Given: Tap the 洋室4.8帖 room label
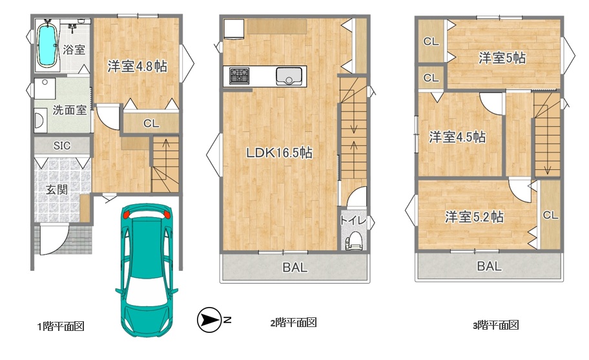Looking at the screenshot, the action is pyautogui.click(x=137, y=67).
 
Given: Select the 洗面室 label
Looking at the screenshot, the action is pyautogui.click(x=70, y=110).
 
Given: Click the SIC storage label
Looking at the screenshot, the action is pyautogui.click(x=61, y=145).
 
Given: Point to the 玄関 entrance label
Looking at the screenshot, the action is pyautogui.click(x=57, y=189).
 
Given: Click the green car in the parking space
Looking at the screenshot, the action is pyautogui.click(x=147, y=270).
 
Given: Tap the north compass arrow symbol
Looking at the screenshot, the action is pyautogui.click(x=209, y=320).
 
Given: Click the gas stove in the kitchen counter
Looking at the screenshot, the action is pyautogui.click(x=239, y=76).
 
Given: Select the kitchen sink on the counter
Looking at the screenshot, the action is pyautogui.click(x=289, y=76).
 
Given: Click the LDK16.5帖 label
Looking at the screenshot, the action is pyautogui.click(x=279, y=153).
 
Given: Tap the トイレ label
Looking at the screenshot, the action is pyautogui.click(x=353, y=220).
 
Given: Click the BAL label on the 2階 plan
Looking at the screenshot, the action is pyautogui.click(x=295, y=268).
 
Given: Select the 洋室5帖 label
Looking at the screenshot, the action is pyautogui.click(x=502, y=58).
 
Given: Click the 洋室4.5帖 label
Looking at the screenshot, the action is pyautogui.click(x=457, y=137).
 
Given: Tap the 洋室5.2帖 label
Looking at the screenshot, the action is pyautogui.click(x=475, y=217).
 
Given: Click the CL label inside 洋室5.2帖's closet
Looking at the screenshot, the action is pyautogui.click(x=550, y=215).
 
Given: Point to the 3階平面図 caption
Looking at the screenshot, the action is pyautogui.click(x=496, y=325).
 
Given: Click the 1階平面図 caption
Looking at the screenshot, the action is pyautogui.click(x=61, y=326).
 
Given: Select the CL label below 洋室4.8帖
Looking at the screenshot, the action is pyautogui.click(x=151, y=123).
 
